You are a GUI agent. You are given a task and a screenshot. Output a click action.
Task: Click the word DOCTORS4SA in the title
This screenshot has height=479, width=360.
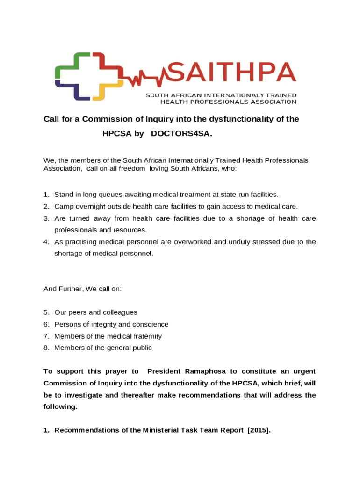pos(181,134)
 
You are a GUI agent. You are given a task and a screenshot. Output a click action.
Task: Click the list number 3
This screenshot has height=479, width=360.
pos(46,218)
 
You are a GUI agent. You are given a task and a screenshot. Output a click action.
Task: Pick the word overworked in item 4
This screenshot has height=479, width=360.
pos(177,242)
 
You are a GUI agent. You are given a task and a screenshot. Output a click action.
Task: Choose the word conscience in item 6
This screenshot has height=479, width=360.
pos(151,324)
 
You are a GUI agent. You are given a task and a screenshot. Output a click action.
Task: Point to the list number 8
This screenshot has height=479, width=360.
pos(46,348)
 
